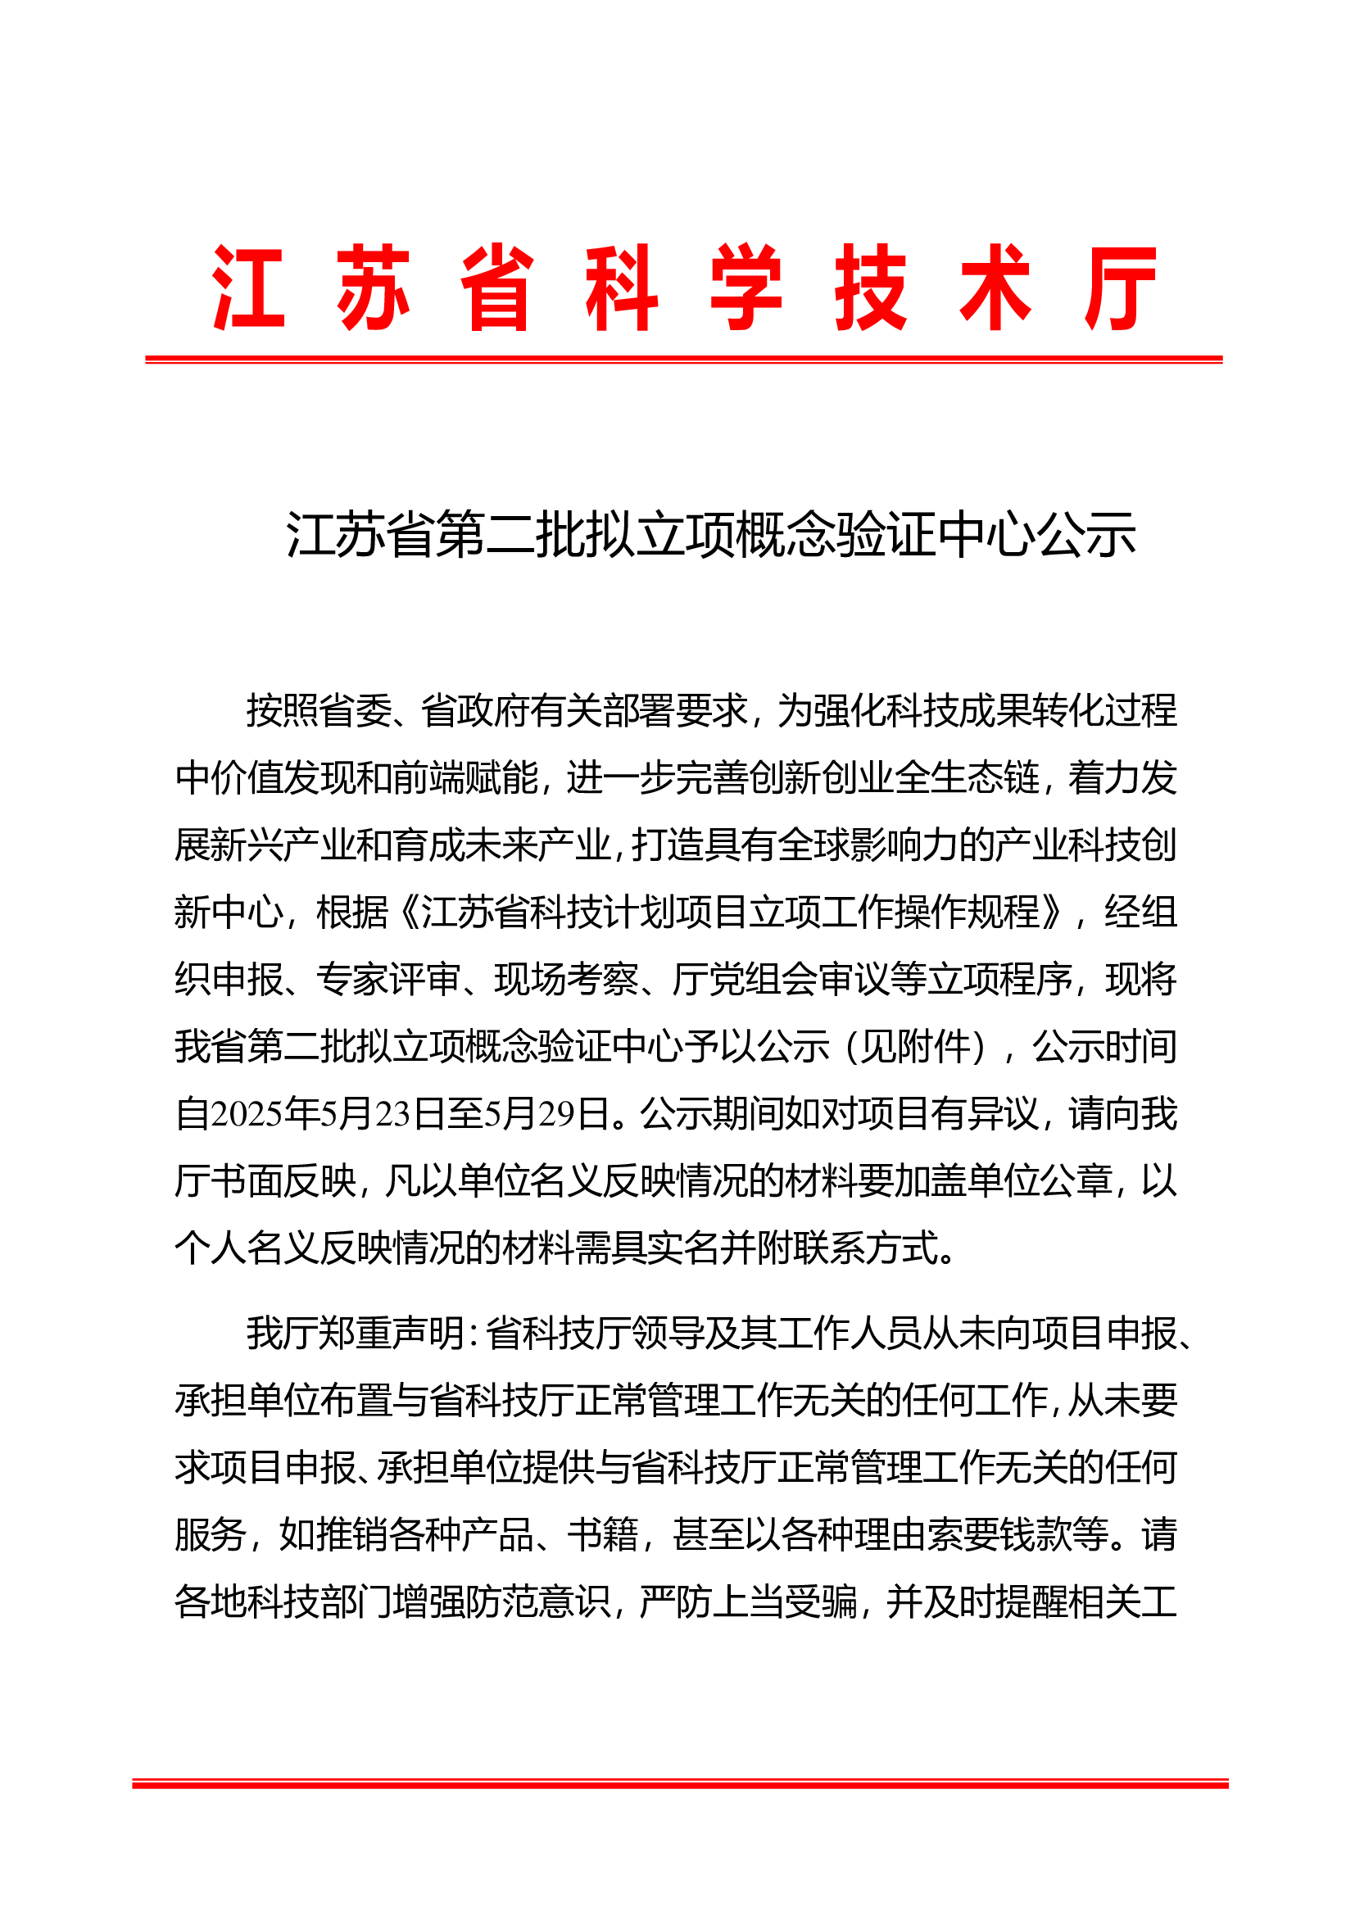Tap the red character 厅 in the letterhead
coord(1121,288)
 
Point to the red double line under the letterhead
coord(683,360)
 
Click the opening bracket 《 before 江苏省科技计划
coord(409,912)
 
